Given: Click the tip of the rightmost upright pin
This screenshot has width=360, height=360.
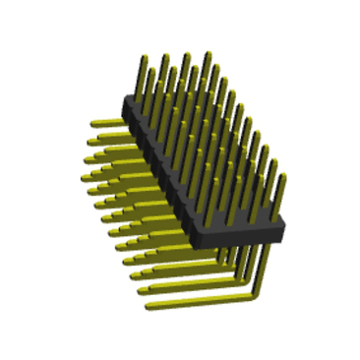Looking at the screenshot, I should pyautogui.click(x=282, y=178).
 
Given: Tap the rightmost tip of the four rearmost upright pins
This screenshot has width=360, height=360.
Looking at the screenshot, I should pyautogui.click(x=205, y=56).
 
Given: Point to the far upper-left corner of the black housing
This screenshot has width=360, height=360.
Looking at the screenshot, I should pyautogui.click(x=122, y=97).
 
